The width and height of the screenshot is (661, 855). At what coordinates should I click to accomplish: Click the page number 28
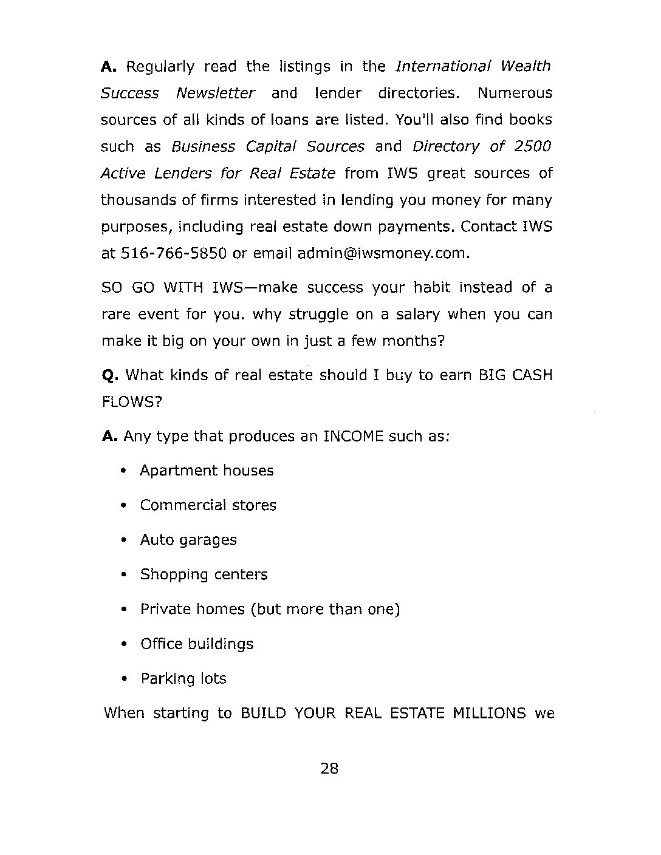pyautogui.click(x=329, y=769)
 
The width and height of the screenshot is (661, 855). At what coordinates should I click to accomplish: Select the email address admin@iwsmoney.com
pyautogui.click(x=383, y=253)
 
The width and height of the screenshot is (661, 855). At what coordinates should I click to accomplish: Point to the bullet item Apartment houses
pyautogui.click(x=207, y=471)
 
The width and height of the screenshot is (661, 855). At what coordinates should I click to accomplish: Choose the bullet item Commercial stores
pyautogui.click(x=208, y=505)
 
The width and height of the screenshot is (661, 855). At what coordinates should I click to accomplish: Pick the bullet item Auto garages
pyautogui.click(x=188, y=540)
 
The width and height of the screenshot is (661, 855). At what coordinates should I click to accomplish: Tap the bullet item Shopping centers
pyautogui.click(x=204, y=574)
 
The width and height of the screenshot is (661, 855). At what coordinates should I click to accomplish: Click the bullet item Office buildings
pyautogui.click(x=197, y=644)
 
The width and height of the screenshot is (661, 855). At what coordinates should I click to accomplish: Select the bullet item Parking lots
pyautogui.click(x=183, y=678)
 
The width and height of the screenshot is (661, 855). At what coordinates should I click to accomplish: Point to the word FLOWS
pyautogui.click(x=131, y=402)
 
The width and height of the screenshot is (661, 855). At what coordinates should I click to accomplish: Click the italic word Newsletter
pyautogui.click(x=215, y=94)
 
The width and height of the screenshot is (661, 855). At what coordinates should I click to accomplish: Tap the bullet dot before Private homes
pyautogui.click(x=124, y=609)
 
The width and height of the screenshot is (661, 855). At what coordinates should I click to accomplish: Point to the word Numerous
pyautogui.click(x=515, y=94)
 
